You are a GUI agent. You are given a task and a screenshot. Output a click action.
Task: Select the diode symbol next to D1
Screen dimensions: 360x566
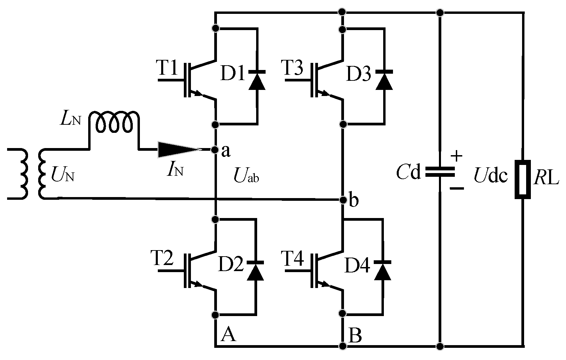pyautogui.click(x=257, y=80)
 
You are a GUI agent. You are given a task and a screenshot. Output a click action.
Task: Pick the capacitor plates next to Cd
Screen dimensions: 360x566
pyautogui.click(x=439, y=172)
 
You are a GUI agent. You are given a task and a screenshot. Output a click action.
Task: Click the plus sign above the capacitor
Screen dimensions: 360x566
pyautogui.click(x=457, y=156)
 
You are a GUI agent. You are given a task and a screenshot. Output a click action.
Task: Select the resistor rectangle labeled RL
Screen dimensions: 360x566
pyautogui.click(x=522, y=179)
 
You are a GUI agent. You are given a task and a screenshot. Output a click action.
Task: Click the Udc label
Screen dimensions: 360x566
pyautogui.click(x=491, y=175)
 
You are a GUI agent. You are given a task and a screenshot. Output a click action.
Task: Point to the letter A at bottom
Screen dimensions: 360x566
pyautogui.click(x=228, y=335)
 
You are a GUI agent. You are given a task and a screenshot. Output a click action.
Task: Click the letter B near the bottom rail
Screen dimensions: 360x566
pyautogui.click(x=355, y=336)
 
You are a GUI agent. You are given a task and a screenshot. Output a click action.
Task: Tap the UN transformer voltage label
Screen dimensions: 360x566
pyautogui.click(x=63, y=174)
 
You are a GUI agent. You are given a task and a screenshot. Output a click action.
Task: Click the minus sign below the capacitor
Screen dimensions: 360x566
pyautogui.click(x=457, y=189)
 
